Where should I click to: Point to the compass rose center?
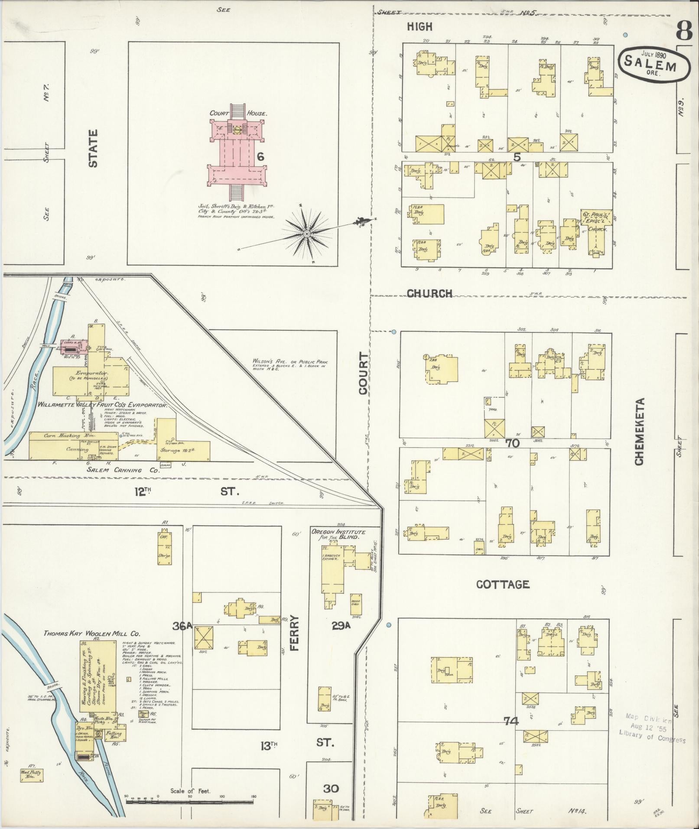pyautogui.click(x=307, y=234)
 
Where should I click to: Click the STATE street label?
pyautogui.click(x=93, y=149)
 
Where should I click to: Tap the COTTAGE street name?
pyautogui.click(x=503, y=584)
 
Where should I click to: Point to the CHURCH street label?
pyautogui.click(x=429, y=293)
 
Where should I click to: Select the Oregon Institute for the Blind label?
pyautogui.click(x=338, y=534)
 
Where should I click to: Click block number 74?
pyautogui.click(x=511, y=721)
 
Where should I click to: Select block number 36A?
pyautogui.click(x=182, y=626)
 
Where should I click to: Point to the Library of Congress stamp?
pyautogui.click(x=652, y=729)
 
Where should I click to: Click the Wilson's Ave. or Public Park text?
pyautogui.click(x=290, y=363)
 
